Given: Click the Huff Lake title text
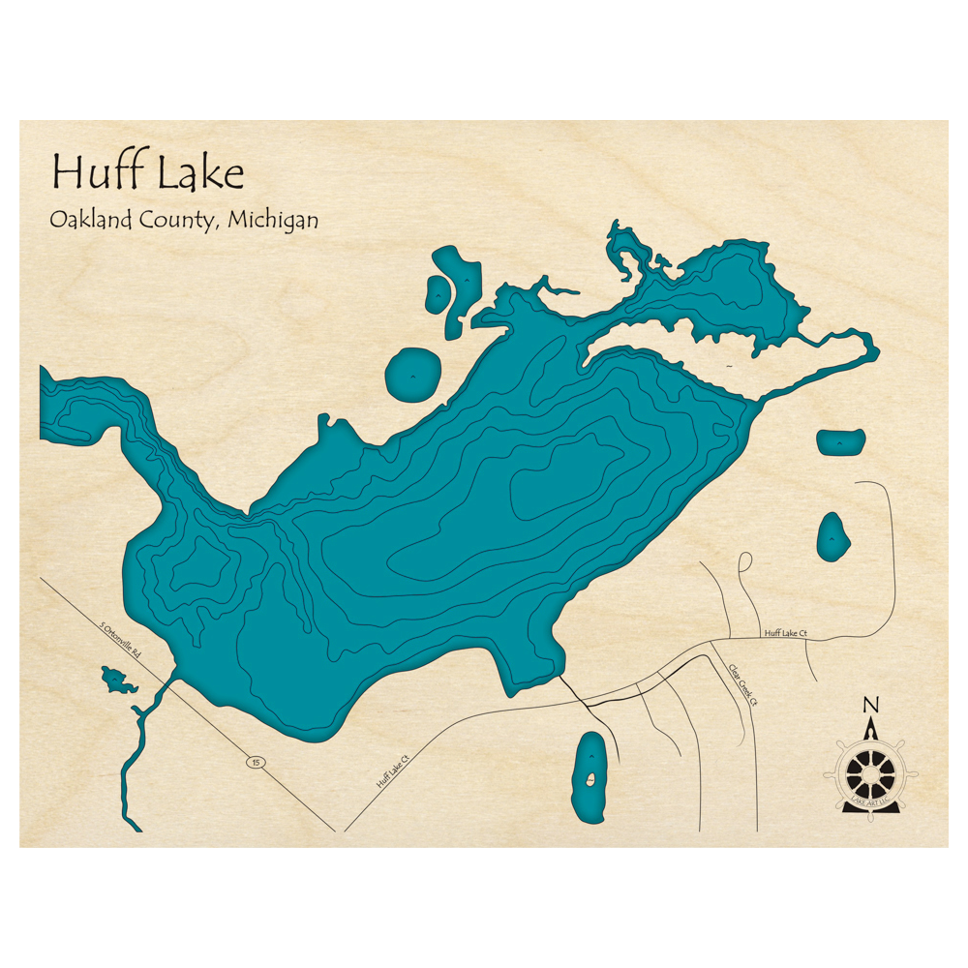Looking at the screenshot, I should pyautogui.click(x=148, y=173).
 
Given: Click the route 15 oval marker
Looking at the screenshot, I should pyautogui.click(x=255, y=763).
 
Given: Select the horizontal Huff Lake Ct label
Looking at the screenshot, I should pyautogui.click(x=785, y=633).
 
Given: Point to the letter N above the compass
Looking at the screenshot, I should pyautogui.click(x=871, y=706).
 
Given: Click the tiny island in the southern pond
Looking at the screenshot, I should pyautogui.click(x=589, y=778).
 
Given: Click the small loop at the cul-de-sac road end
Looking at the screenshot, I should pyautogui.click(x=744, y=561).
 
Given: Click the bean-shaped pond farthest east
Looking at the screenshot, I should pyautogui.click(x=840, y=441).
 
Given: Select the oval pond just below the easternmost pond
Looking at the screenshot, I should pyautogui.click(x=832, y=535).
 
